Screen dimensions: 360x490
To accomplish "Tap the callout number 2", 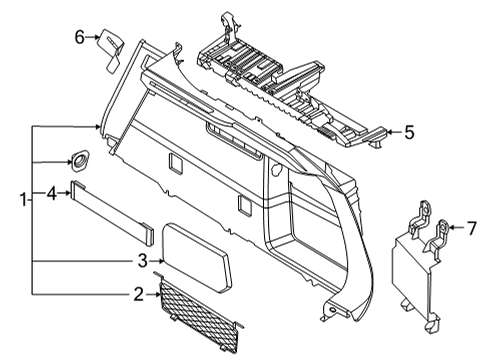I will pyautogui.click(x=138, y=294).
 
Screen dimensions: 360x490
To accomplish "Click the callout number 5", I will pyautogui.click(x=407, y=131).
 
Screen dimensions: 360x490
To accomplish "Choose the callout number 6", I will pyautogui.click(x=80, y=38).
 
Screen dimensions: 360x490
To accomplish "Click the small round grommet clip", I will pyautogui.click(x=78, y=158).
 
